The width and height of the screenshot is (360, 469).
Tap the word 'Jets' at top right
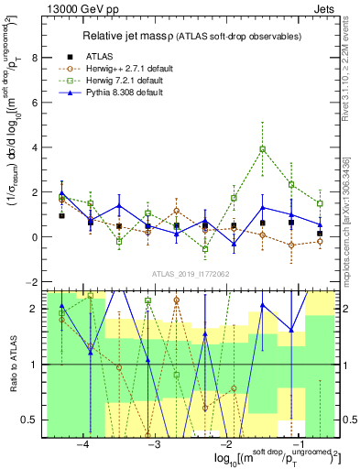tap(326, 8)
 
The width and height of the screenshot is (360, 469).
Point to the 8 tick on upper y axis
tap(37, 58)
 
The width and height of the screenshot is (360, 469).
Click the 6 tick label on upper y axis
tap(37, 103)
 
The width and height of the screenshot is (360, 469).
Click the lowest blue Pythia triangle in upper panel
tap(234, 244)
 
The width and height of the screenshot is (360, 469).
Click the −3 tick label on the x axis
tap(154, 444)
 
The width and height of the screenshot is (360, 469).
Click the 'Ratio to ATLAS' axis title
tap(12, 365)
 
